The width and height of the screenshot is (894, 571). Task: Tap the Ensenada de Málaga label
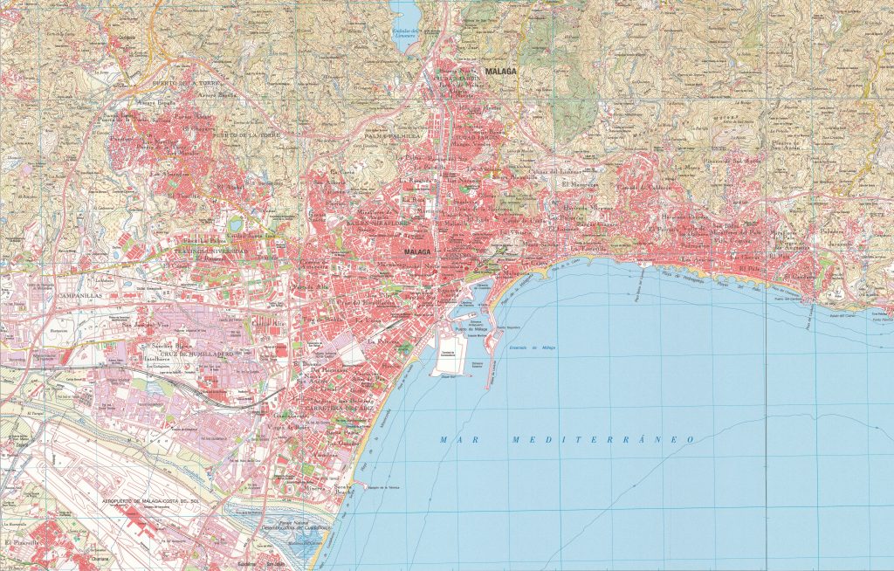(x=532, y=348)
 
